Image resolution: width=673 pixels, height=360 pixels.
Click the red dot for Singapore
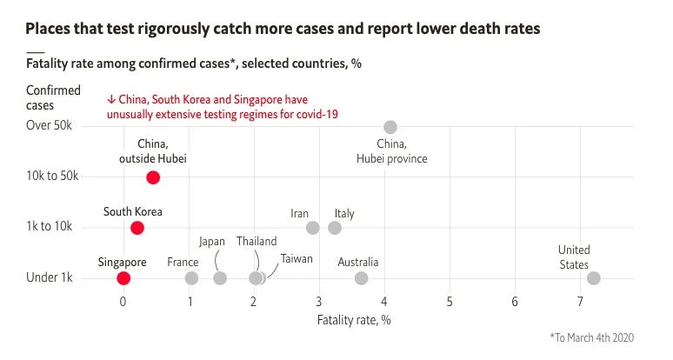coord(123,278)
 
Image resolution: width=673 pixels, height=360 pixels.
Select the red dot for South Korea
coord(137,228)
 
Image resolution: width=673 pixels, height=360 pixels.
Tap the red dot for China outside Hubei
coord(153,177)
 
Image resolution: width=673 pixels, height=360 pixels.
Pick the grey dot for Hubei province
coord(390,127)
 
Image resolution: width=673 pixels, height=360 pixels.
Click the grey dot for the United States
coord(593,278)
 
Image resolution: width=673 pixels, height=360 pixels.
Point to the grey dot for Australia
coord(361,278)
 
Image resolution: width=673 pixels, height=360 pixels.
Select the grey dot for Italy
coord(335,228)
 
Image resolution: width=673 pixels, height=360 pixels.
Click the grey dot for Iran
coord(313,228)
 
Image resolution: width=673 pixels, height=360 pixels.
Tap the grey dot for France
coord(191,278)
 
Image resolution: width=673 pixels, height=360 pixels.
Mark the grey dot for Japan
coord(220,278)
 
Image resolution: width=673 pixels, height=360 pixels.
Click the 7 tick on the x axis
coord(580,302)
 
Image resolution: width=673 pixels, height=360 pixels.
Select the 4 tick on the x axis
coord(384,302)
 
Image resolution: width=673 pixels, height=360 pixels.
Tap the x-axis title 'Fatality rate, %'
coord(354,319)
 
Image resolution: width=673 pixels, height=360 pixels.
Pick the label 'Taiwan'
coord(297,259)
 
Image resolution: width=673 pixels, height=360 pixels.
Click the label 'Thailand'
coord(257,242)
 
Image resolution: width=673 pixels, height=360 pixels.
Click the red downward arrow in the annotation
coord(111,99)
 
